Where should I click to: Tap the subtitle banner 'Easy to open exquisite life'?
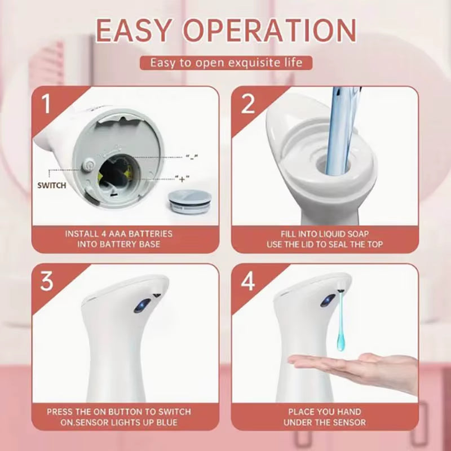coord(225,62)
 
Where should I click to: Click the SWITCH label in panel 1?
coord(52,185)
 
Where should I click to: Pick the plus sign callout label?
coord(182,179)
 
